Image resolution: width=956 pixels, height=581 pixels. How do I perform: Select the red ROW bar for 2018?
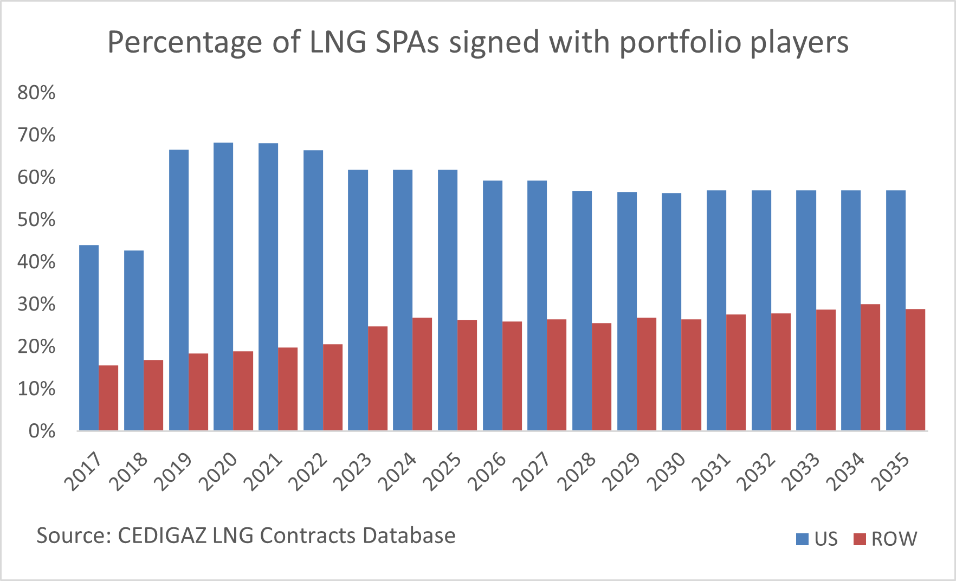tap(153, 395)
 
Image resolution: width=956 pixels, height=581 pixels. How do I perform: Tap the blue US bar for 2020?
tap(223, 287)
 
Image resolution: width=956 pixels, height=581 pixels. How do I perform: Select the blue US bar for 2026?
tap(493, 306)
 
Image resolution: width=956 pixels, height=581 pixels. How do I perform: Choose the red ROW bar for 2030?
tap(691, 375)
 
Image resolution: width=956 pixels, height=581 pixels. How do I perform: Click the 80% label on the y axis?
tap(36, 93)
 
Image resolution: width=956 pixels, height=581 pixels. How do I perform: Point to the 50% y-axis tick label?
tap(36, 220)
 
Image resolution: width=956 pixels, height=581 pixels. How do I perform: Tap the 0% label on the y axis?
tap(41, 431)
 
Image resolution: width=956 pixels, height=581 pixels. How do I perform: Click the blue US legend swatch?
tap(802, 539)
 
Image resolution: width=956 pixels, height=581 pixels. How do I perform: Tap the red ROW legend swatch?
tap(860, 539)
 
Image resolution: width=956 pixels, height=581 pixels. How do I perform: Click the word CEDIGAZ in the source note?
tap(161, 535)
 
